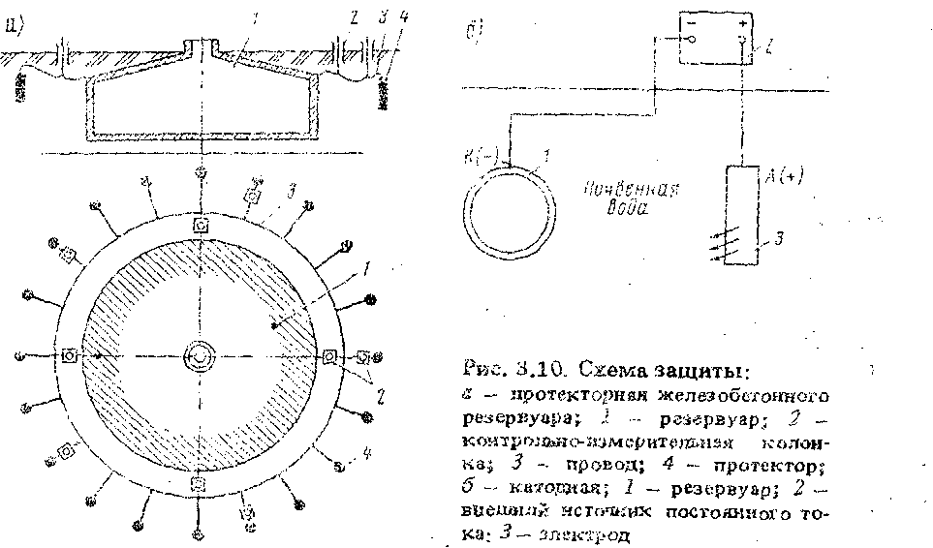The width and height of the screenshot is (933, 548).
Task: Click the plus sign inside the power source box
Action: coord(742,19)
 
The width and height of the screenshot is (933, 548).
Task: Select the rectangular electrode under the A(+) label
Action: coord(743,215)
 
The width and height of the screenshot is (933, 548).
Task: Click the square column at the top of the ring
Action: coord(201,225)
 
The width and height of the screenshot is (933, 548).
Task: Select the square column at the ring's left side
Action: coord(70,355)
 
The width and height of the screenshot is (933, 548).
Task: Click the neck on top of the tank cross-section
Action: coord(201,46)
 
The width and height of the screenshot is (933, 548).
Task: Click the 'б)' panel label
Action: coord(470,32)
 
